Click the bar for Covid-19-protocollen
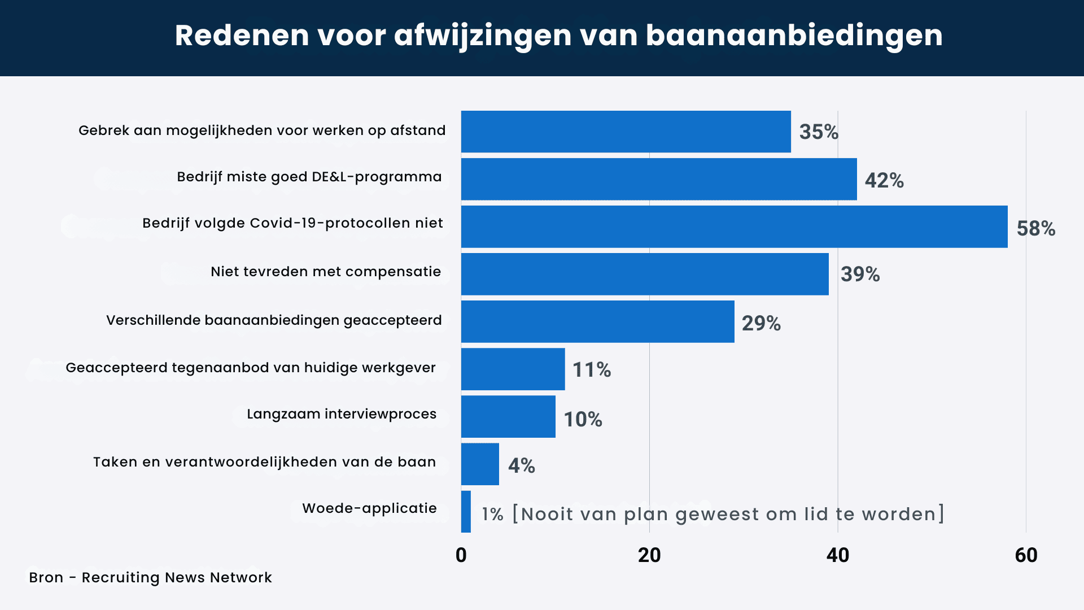click(734, 226)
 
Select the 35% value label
click(819, 132)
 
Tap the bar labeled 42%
click(659, 179)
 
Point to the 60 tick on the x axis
click(1026, 555)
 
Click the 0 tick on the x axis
click(461, 555)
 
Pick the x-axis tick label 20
click(649, 555)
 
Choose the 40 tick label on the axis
click(838, 555)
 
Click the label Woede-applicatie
click(369, 508)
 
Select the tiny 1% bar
click(466, 512)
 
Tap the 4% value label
click(521, 465)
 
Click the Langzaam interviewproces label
click(342, 414)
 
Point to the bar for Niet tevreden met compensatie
click(645, 274)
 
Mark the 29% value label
click(761, 323)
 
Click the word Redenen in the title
click(242, 35)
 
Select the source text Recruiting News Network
click(177, 577)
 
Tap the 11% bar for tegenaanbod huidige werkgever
click(513, 369)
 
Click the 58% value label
click(1036, 228)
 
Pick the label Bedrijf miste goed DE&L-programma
click(309, 177)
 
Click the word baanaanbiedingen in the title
click(794, 35)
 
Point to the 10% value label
click(583, 419)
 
